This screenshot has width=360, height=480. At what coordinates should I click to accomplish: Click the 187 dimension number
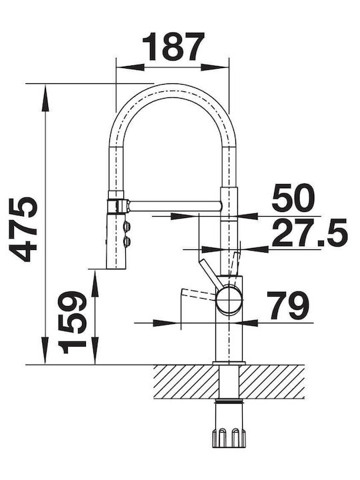(174, 46)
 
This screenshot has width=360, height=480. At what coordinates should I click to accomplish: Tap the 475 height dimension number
(23, 229)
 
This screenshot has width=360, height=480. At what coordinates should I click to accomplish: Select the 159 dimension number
(72, 322)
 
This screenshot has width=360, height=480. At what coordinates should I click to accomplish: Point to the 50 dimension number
(293, 199)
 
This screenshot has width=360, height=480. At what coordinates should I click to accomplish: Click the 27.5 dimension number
(310, 233)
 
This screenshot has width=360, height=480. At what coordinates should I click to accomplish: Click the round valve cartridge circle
(229, 300)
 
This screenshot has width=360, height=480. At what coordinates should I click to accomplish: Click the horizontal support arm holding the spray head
(175, 206)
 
